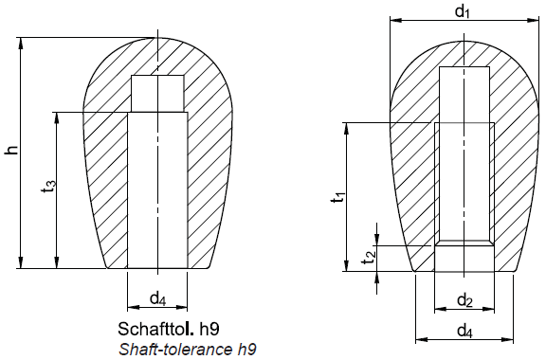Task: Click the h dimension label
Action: coord(11,150)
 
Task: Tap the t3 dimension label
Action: coord(49,187)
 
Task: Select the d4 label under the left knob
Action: coord(157,298)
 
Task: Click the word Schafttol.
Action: coord(156,329)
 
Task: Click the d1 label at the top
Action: coord(463,11)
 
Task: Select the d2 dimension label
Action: coord(464,299)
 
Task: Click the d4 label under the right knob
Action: coord(464,330)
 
